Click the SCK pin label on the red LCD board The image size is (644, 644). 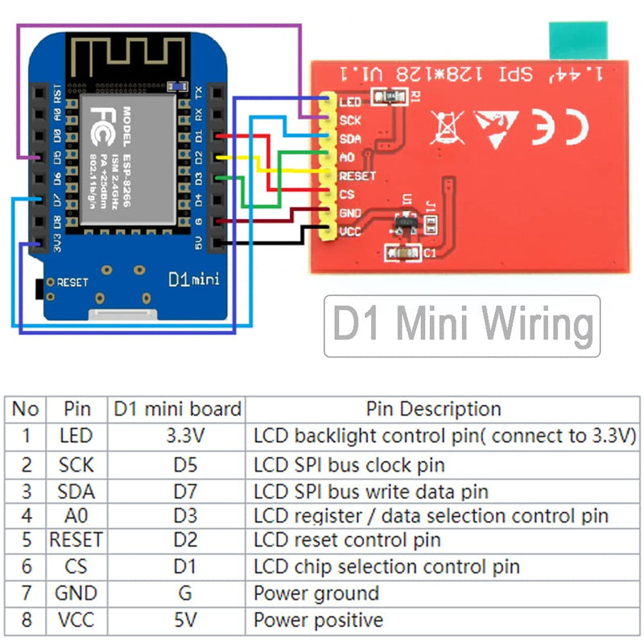[350, 121]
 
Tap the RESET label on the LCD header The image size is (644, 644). [357, 175]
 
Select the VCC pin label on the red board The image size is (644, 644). [350, 231]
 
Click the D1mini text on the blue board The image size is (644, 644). [193, 279]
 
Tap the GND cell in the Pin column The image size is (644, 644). [76, 593]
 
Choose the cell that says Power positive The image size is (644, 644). [318, 620]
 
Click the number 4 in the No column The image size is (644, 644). [26, 515]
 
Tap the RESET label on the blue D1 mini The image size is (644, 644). [72, 283]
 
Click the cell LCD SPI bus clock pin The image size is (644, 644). [349, 464]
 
